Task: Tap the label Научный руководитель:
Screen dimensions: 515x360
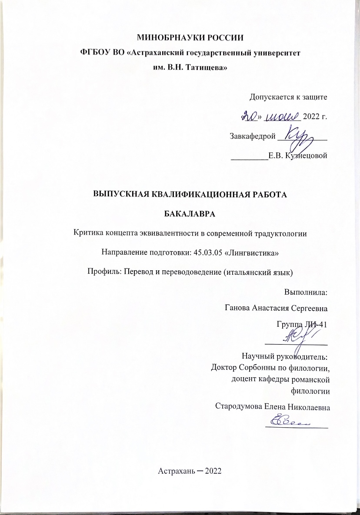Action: tap(284, 357)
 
